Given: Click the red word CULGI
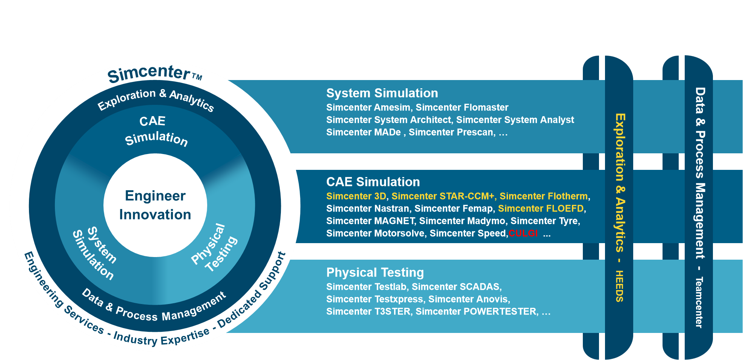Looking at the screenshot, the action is pyautogui.click(x=523, y=233).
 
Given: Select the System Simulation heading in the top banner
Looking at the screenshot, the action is pyautogui.click(x=382, y=93).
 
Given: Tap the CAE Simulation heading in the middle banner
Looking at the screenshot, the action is pyautogui.click(x=373, y=182).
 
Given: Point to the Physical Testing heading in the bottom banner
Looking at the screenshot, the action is pyautogui.click(x=375, y=272).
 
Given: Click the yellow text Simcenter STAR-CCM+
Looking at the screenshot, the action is pyautogui.click(x=443, y=196).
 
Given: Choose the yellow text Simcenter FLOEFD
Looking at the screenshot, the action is pyautogui.click(x=541, y=209).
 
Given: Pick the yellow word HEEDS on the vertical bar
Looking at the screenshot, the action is pyautogui.click(x=620, y=286).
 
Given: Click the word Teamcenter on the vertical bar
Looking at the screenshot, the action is pyautogui.click(x=699, y=303).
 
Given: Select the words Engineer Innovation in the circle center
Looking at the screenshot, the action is pyautogui.click(x=155, y=205).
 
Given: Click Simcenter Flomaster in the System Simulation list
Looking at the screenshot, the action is pyautogui.click(x=462, y=107).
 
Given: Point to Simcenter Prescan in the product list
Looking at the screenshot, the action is pyautogui.click(x=451, y=132).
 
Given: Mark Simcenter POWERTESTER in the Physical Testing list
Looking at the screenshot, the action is pyautogui.click(x=477, y=312).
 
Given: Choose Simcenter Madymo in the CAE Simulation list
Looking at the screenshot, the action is pyautogui.click(x=462, y=221).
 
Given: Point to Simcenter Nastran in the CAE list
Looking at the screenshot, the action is pyautogui.click(x=368, y=209).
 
